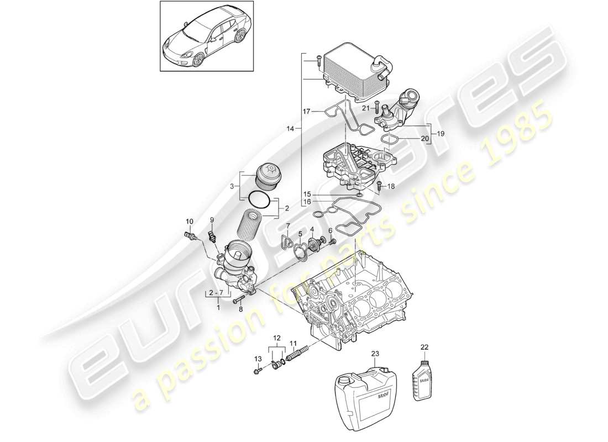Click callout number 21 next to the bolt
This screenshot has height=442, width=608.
(x=365, y=108)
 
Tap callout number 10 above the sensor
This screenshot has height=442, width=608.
(x=190, y=222)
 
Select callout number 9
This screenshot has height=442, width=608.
(x=212, y=220)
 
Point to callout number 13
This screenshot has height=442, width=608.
(x=256, y=359)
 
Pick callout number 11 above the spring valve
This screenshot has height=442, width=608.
(x=293, y=343)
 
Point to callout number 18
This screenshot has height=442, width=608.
(x=392, y=187)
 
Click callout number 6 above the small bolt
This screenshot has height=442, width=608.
(x=331, y=230)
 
